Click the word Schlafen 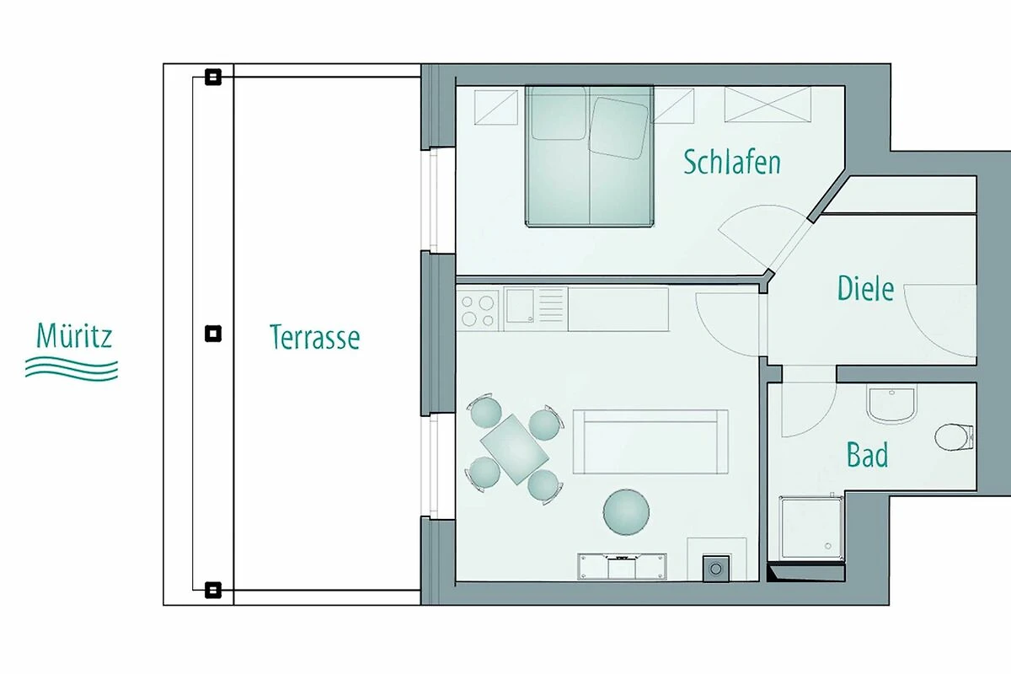pos(732,162)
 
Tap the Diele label pos(865,288)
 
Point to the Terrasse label pos(314,337)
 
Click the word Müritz pos(74,335)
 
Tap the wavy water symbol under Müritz pos(72,369)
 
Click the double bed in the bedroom pos(590,156)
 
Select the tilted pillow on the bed pos(618,128)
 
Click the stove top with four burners pos(478,311)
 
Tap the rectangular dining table pos(515,449)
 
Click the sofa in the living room pos(650,442)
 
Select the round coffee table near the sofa pos(626,512)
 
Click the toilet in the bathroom pos(953,437)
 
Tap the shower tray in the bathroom pos(811,527)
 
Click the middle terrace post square pos(213,334)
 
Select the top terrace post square pos(213,77)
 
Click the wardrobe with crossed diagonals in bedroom pos(768,104)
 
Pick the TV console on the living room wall pos(622,566)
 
